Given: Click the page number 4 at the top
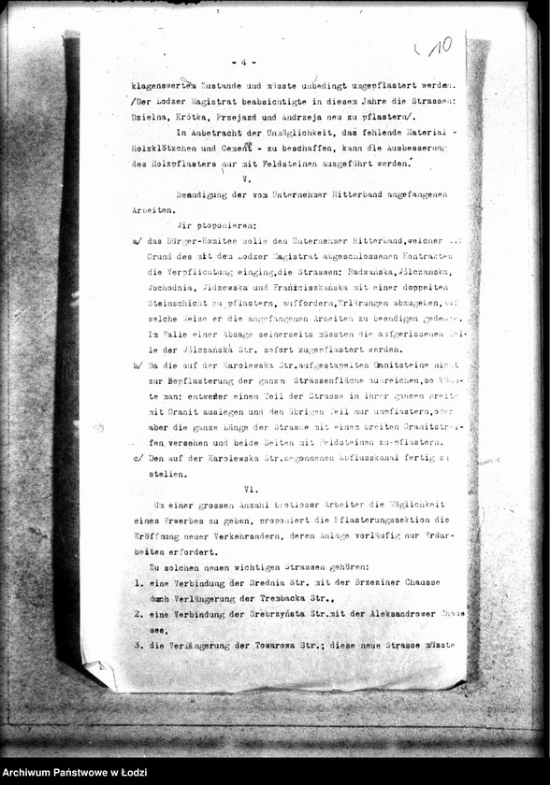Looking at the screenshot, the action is [x=242, y=62].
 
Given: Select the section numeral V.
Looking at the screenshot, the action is [x=246, y=178].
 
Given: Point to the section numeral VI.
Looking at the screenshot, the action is [x=250, y=489].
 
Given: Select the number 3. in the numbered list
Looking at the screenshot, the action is [x=137, y=645].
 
